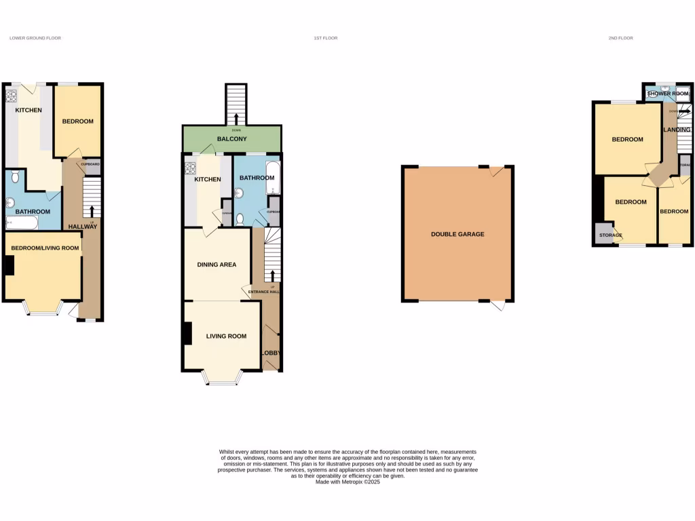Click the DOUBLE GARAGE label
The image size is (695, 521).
click(457, 234)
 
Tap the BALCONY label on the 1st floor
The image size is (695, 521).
click(231, 139)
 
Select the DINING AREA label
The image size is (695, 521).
click(217, 265)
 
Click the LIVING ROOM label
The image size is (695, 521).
click(226, 336)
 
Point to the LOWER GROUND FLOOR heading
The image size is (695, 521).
click(35, 38)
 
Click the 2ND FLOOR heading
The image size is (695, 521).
click(620, 38)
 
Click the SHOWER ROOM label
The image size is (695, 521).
click(668, 94)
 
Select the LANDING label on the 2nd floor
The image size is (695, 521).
click(677, 130)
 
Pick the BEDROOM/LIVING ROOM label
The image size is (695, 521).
click(44, 248)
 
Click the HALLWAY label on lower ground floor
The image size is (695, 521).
click(83, 227)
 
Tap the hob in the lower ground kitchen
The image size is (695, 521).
click(12, 96)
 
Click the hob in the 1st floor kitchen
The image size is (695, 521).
click(190, 168)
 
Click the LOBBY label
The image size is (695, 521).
click(271, 353)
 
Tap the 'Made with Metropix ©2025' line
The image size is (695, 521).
click(347, 482)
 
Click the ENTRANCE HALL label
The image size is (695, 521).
click(263, 292)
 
